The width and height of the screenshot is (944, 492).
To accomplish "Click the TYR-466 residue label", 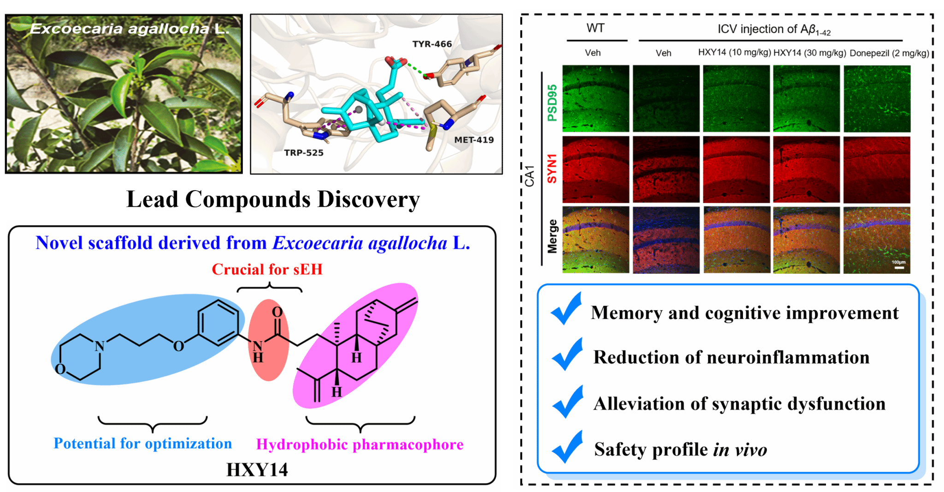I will [432, 44].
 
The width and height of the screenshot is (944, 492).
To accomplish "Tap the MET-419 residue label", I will [473, 140].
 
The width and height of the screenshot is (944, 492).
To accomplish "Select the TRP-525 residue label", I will [304, 153].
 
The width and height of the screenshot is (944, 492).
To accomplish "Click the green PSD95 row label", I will [552, 102].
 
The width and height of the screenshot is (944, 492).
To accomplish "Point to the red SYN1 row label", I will [552, 169].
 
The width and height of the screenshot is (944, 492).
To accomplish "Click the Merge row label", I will [552, 236].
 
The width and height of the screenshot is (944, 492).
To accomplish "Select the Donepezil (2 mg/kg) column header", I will [889, 53].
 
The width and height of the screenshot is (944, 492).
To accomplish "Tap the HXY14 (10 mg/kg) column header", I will [734, 52].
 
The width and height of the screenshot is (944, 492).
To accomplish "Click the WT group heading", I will [596, 29].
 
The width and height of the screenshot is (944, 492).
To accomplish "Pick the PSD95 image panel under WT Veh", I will [596, 98].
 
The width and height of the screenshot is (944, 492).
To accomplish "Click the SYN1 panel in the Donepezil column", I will [877, 169].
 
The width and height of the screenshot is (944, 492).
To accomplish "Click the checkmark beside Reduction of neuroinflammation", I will [567, 354].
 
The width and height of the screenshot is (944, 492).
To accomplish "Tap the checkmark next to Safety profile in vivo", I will [567, 447].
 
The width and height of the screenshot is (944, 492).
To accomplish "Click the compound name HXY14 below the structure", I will [257, 470].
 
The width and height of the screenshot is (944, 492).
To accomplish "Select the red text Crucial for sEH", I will [267, 270].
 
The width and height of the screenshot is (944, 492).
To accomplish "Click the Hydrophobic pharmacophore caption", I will [360, 444].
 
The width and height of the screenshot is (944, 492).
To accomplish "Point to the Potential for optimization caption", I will [143, 444].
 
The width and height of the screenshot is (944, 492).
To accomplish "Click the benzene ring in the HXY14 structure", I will [218, 323].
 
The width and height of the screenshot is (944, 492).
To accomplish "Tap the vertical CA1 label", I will [530, 175].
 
